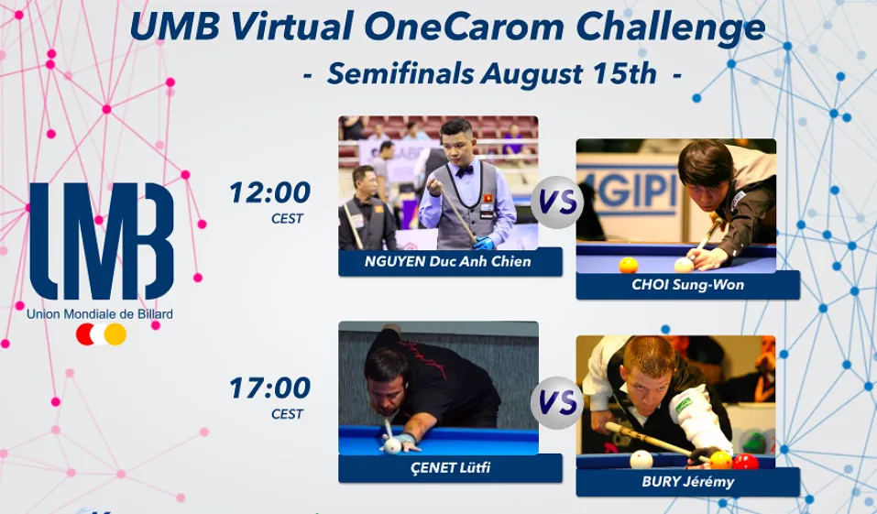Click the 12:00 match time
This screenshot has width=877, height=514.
coord(270,193)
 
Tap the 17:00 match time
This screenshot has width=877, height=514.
coord(270,388)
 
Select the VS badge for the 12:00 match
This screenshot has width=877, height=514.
coord(557,202)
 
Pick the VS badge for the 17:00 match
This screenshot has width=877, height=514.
coord(557,403)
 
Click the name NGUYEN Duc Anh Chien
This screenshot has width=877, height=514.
coord(447,261)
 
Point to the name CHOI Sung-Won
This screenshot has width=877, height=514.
coord(688,285)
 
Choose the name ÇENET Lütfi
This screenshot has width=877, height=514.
coord(450,467)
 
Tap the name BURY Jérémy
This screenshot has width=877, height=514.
coord(688,482)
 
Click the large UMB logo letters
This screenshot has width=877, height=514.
coord(102,241)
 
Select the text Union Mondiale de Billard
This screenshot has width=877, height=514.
coord(100,314)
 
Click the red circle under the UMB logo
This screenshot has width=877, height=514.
coord(86,334)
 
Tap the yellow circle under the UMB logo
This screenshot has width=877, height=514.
coord(115,334)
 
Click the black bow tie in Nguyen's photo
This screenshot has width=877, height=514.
coord(465,171)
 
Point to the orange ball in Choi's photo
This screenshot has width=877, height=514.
coord(629,265)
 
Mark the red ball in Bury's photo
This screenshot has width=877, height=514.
coord(746,462)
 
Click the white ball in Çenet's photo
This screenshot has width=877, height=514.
coord(392,446)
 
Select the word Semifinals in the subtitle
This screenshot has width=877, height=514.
coord(400,74)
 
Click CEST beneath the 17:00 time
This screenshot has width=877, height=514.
coord(287,414)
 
